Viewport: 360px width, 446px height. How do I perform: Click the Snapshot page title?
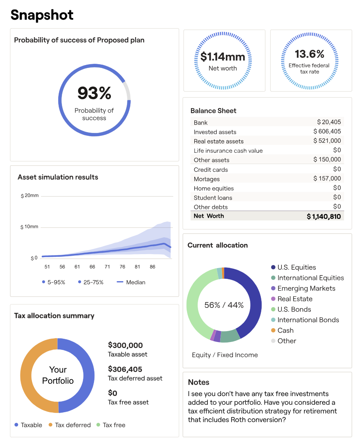click(42, 15)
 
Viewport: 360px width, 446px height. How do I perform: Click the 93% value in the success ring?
click(94, 93)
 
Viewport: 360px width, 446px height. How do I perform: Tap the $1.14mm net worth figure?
click(222, 57)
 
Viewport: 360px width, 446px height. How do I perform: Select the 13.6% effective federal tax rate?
click(309, 54)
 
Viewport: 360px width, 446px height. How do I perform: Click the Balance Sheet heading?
click(213, 111)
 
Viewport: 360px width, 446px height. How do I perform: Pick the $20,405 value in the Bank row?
click(329, 122)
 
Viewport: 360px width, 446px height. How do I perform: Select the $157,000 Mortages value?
click(327, 179)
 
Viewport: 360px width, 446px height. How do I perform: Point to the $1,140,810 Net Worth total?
click(324, 216)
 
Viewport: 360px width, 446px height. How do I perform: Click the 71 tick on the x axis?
click(107, 267)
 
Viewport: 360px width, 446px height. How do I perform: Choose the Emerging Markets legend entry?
click(306, 288)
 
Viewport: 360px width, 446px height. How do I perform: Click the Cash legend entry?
click(285, 330)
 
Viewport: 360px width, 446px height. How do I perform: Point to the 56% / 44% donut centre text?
click(224, 305)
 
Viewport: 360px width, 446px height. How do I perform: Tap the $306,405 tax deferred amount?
click(125, 369)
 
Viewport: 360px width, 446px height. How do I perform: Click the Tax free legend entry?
click(114, 425)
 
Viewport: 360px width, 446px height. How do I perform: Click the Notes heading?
click(199, 382)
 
